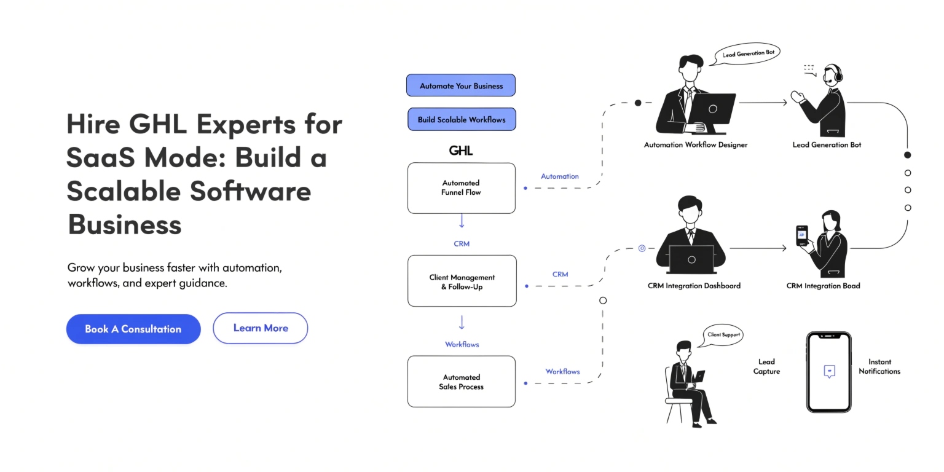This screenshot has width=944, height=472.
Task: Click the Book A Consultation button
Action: [133, 329]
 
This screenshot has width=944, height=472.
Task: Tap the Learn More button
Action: [260, 328]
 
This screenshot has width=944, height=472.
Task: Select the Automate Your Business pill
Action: [461, 85]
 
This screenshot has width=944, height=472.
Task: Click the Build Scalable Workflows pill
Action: [462, 119]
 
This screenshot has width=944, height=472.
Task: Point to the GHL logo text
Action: [461, 151]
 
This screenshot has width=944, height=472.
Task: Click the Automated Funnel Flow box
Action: [461, 188]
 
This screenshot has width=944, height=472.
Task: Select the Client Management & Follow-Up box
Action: [462, 281]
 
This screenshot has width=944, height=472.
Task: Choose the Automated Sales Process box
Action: [461, 382]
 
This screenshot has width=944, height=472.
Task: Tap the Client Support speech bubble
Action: [724, 335]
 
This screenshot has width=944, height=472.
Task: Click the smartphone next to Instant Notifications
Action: [829, 372]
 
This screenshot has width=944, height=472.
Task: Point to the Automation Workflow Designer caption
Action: [695, 145]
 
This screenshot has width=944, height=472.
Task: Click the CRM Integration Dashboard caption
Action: [694, 286]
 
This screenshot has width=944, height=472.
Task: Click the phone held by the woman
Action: [802, 235]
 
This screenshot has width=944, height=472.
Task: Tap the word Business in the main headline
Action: [124, 224]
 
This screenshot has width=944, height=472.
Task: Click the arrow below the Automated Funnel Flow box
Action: [462, 221]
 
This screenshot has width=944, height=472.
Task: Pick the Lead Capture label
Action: [766, 366]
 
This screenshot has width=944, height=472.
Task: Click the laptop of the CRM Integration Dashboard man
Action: [691, 259]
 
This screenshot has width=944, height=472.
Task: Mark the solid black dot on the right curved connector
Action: [908, 155]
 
